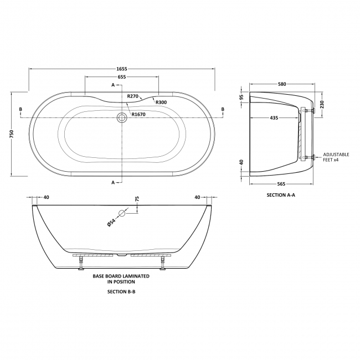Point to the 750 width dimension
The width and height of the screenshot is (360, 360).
12,134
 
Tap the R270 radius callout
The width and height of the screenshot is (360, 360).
132,96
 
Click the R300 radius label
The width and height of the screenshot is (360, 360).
161,102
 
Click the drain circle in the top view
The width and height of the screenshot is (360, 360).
121,117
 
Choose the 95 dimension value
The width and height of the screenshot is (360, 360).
242,97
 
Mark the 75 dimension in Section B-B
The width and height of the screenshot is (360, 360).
137,200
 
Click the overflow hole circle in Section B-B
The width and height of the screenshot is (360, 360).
122,213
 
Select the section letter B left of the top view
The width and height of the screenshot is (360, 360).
20,110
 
